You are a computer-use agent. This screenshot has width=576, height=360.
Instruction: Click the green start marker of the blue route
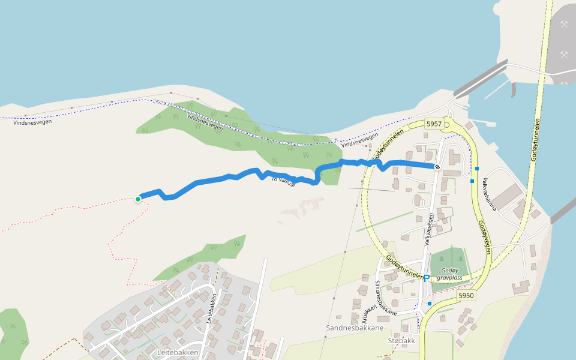[138, 199]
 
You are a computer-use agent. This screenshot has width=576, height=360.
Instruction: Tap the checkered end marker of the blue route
[437, 167]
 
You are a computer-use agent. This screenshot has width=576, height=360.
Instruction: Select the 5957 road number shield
[434, 124]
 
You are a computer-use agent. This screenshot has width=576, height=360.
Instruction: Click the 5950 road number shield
[466, 296]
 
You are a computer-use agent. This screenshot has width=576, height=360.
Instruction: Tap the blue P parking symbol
[427, 277]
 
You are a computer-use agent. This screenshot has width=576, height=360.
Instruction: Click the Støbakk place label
[401, 341]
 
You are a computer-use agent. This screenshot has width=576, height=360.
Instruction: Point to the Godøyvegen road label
[485, 236]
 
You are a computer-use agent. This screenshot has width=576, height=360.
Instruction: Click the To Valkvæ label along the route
[284, 179]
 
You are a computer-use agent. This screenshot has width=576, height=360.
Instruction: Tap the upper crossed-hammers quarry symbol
[564, 25]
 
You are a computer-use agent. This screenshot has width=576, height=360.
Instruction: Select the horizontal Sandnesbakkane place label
[355, 328]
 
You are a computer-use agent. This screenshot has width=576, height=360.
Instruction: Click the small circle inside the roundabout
[447, 125]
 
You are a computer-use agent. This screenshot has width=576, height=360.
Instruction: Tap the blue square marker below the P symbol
[430, 304]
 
